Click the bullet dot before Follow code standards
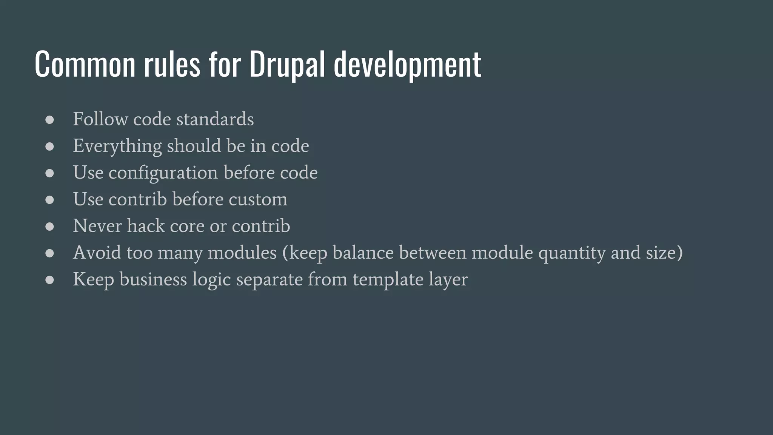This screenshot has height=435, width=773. click(x=49, y=120)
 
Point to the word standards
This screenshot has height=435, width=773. click(x=215, y=119)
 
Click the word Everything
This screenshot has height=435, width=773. click(x=117, y=146)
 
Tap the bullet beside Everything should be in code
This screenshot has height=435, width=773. click(x=49, y=147)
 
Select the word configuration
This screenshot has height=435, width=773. click(x=163, y=173)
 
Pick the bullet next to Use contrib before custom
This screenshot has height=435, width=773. click(x=49, y=200)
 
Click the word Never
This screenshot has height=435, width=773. click(x=97, y=226)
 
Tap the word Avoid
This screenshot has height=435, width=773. click(x=97, y=252)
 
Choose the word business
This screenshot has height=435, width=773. click(x=153, y=279)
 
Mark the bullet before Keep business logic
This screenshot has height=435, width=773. click(x=49, y=280)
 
